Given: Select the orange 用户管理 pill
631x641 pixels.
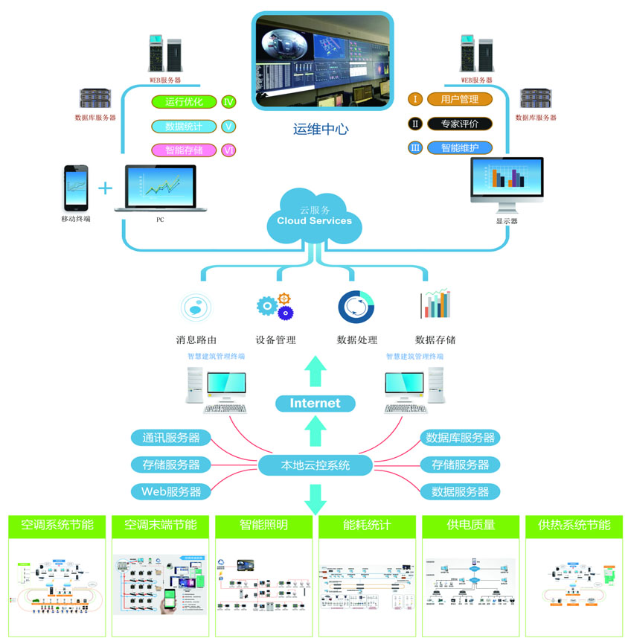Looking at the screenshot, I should (459, 99).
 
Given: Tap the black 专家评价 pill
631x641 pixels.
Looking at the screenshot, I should (459, 124).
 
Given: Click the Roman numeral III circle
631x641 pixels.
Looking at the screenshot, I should (416, 147).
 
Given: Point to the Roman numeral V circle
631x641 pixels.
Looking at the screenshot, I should (229, 127).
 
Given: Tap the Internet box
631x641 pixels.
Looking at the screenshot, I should (315, 404).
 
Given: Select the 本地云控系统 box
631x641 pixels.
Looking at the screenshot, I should (315, 466).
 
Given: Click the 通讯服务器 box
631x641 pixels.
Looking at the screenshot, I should (171, 438).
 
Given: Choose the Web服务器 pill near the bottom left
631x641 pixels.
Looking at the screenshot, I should (171, 491).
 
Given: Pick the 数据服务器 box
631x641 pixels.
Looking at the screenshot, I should (460, 491).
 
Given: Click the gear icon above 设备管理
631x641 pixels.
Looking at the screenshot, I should (274, 306).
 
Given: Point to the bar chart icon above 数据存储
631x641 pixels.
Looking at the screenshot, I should (436, 304).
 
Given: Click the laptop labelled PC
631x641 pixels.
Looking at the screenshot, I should (160, 189).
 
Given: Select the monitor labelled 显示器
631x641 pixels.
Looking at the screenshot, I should (507, 183).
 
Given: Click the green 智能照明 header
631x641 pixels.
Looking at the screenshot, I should (263, 525).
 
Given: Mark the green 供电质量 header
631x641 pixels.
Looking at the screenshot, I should (470, 525).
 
